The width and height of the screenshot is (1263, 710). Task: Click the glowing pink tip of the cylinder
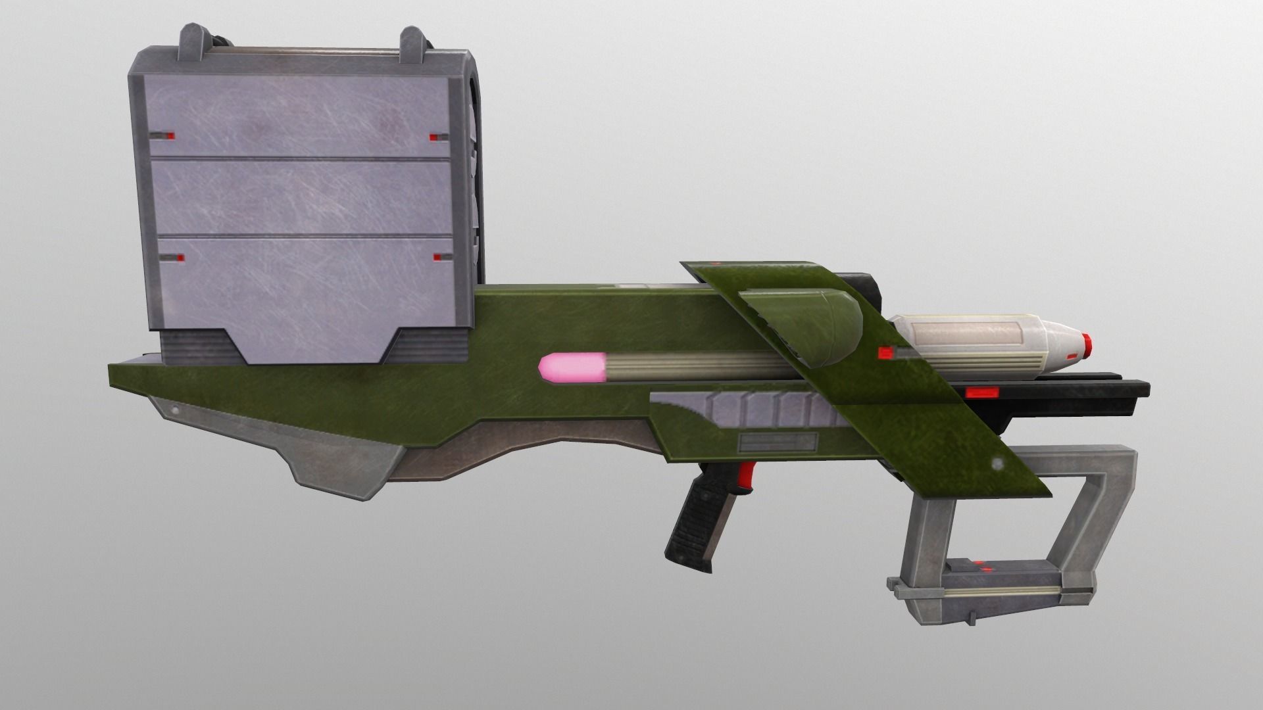(562, 367)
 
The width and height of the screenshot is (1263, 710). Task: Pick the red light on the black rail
(981, 393)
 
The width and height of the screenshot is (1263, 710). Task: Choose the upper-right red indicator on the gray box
(435, 137)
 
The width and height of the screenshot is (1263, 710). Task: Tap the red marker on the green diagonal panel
(885, 353)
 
